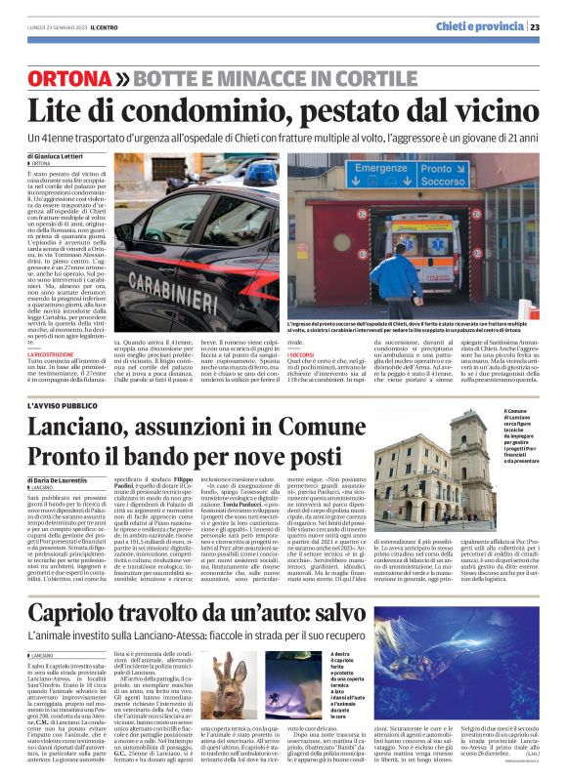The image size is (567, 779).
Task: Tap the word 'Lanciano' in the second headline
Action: (x=86, y=427)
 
